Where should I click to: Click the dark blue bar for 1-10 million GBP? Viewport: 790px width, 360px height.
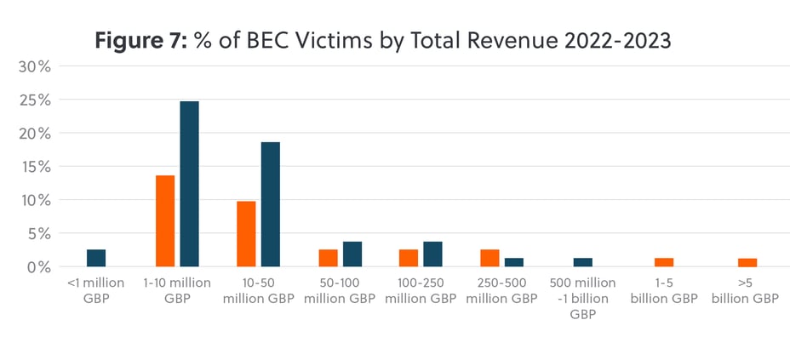pos(189,184)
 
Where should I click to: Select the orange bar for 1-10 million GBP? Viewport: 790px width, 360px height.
pos(165,220)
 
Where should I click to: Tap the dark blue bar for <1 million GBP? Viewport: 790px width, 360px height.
pos(96,258)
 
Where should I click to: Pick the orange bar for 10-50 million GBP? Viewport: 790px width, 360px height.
pos(246,234)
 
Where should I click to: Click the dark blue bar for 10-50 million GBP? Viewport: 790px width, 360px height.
pos(270,204)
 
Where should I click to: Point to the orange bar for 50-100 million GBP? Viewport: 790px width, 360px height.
pos(328,258)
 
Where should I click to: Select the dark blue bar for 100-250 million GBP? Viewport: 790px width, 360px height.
pos(432,254)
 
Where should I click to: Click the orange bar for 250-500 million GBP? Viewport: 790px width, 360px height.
pos(489,258)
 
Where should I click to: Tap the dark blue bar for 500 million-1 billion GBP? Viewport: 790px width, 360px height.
pos(582,262)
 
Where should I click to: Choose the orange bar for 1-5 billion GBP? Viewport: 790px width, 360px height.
pos(664,262)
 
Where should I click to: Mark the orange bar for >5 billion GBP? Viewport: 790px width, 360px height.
pos(747,262)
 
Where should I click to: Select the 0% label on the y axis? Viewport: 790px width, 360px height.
pos(38,267)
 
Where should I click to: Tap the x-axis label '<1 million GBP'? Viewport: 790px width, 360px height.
pos(96,290)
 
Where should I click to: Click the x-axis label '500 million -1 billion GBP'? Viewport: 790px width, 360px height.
pos(582,298)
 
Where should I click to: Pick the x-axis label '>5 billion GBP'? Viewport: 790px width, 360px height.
pos(747,290)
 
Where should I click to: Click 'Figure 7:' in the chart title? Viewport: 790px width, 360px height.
pos(137,39)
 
